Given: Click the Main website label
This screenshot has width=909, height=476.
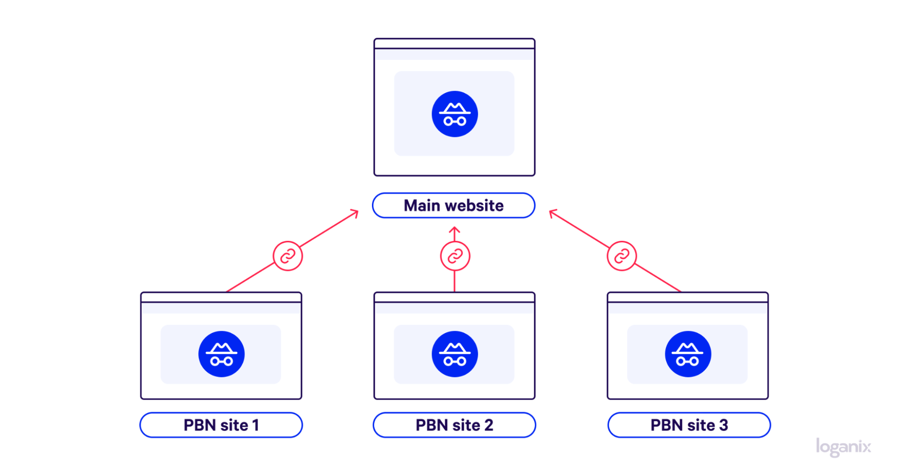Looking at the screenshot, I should point(453,205).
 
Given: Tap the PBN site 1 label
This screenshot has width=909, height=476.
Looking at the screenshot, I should point(221,425).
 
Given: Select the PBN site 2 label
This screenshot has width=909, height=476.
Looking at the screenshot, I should point(454,425).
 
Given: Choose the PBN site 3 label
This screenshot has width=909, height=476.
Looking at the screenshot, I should point(689,425).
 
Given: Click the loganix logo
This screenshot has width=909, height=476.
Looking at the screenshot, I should point(844,447).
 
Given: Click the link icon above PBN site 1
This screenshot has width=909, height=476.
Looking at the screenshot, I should point(288,256).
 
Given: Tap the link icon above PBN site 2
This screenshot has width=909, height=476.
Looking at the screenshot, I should point(455,256).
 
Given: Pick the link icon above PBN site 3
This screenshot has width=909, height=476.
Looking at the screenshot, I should point(622,256).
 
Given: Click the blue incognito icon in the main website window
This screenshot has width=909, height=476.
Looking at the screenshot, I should point(455,114).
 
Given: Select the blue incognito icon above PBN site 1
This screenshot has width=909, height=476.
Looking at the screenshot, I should point(221,354).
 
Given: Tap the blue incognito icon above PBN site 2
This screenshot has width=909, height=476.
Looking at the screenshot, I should point(455,354).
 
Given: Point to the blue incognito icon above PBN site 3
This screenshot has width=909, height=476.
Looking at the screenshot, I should point(688,354).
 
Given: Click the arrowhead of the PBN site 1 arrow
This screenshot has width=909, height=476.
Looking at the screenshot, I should point(355,212).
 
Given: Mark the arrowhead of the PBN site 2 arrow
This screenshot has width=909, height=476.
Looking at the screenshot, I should point(455,229).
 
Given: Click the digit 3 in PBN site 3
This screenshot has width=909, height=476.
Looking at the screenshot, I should point(723,425).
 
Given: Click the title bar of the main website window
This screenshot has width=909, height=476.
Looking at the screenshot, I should point(454,44).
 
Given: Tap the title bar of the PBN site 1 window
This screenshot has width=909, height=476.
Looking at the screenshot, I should point(221,297).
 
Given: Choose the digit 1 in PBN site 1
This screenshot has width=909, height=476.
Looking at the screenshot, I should point(256,425).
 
